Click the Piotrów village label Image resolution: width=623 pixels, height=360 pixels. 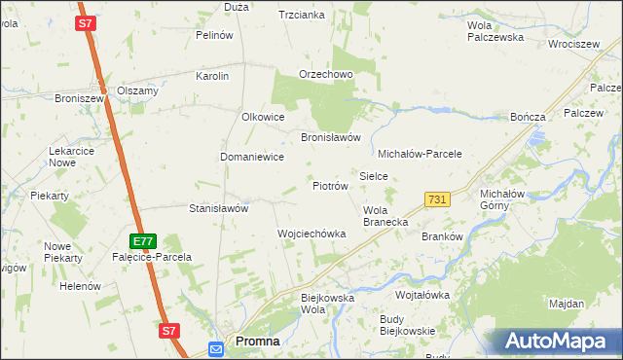point(330,185)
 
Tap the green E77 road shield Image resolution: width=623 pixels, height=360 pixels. point(143,240)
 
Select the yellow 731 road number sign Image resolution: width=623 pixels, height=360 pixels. point(437,198)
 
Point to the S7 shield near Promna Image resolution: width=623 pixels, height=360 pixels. point(169,331)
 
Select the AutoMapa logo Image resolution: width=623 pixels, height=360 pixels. point(557,341)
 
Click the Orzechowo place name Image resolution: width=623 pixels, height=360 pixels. point(325,75)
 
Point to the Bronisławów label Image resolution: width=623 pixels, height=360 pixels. point(331,137)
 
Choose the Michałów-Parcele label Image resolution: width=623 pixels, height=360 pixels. point(419,154)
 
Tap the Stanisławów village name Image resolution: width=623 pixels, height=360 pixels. point(219,208)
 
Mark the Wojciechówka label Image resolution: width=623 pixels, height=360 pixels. point(311,234)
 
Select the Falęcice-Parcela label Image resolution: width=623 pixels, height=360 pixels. point(154,257)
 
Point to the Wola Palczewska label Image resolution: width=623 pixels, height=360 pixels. point(495,31)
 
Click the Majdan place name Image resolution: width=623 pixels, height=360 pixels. point(566,304)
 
